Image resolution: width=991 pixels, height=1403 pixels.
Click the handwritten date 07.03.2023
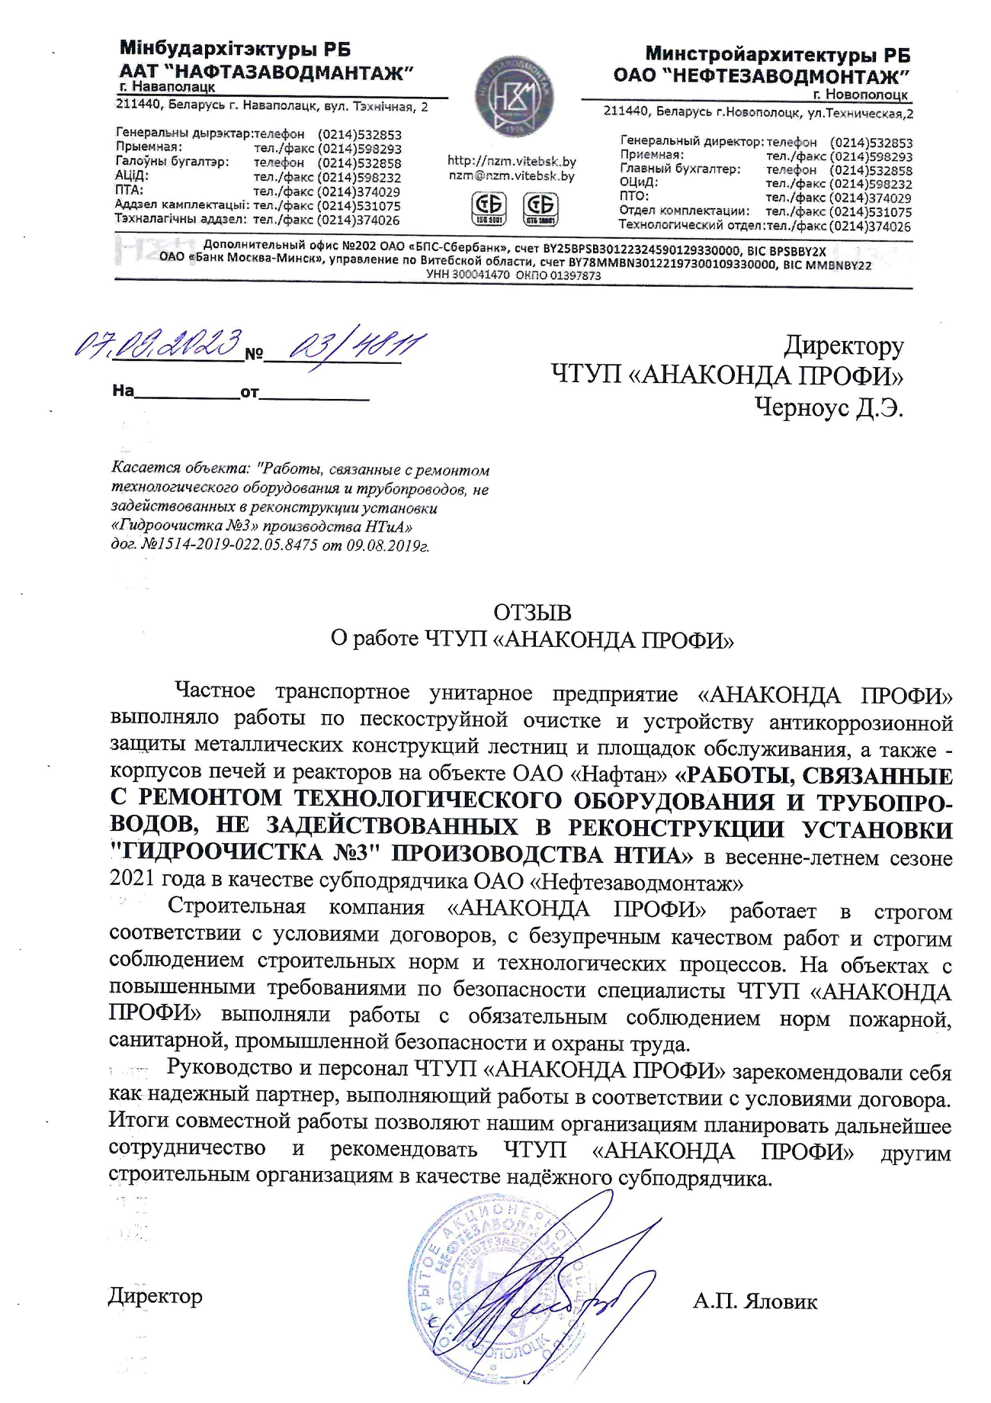(158, 346)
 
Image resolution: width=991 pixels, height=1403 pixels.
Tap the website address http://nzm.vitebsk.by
(512, 161)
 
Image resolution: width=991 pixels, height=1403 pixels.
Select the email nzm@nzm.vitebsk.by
(512, 175)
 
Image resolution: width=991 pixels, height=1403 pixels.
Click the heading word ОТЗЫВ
(532, 613)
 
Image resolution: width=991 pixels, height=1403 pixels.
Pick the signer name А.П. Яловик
(755, 1300)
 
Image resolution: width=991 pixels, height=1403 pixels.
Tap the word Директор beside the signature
(156, 1295)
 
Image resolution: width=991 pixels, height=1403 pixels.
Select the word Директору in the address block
(844, 346)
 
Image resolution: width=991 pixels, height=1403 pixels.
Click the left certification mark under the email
(489, 208)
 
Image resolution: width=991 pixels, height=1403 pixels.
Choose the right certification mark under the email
(540, 208)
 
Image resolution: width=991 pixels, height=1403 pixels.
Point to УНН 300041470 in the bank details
(468, 275)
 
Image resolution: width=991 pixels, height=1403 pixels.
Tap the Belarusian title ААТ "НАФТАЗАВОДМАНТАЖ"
(266, 72)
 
